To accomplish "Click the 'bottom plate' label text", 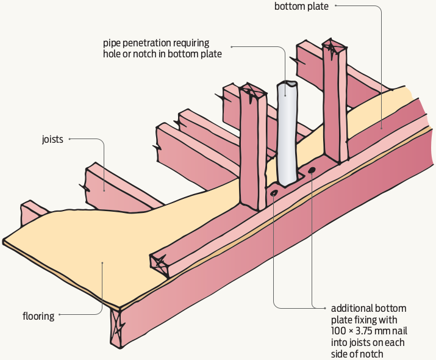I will click(x=301, y=7).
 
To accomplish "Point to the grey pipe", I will click(x=287, y=134).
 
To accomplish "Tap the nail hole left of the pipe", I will click(x=274, y=193).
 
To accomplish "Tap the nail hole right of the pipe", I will click(x=312, y=170).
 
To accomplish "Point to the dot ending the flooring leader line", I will click(x=102, y=263).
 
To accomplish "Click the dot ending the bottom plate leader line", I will click(x=381, y=128).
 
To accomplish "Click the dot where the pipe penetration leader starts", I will click(x=233, y=48).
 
